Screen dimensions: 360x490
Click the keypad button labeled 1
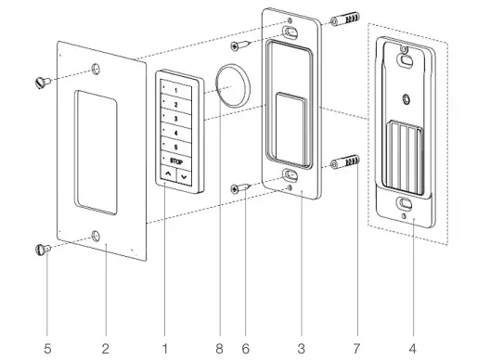[174, 91]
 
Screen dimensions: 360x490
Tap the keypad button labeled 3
[174, 120]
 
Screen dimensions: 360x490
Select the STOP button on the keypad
[174, 161]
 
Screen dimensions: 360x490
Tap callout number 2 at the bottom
[106, 348]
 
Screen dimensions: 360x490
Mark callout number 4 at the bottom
[412, 348]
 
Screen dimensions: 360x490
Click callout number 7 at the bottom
[355, 348]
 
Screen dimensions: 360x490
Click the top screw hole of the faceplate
[97, 70]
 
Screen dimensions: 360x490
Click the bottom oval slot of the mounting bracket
[291, 173]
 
